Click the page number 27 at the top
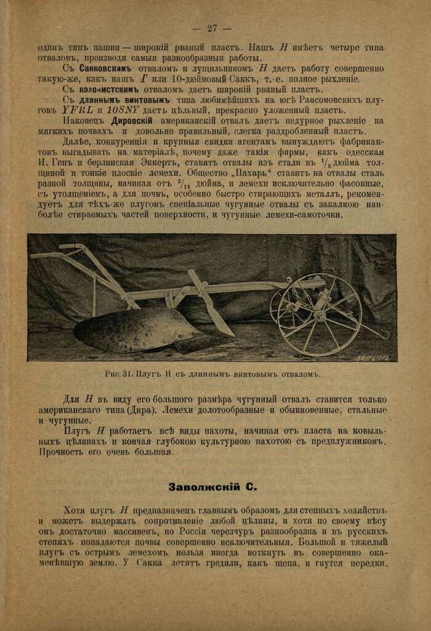(211, 28)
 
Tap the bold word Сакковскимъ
(100, 68)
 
